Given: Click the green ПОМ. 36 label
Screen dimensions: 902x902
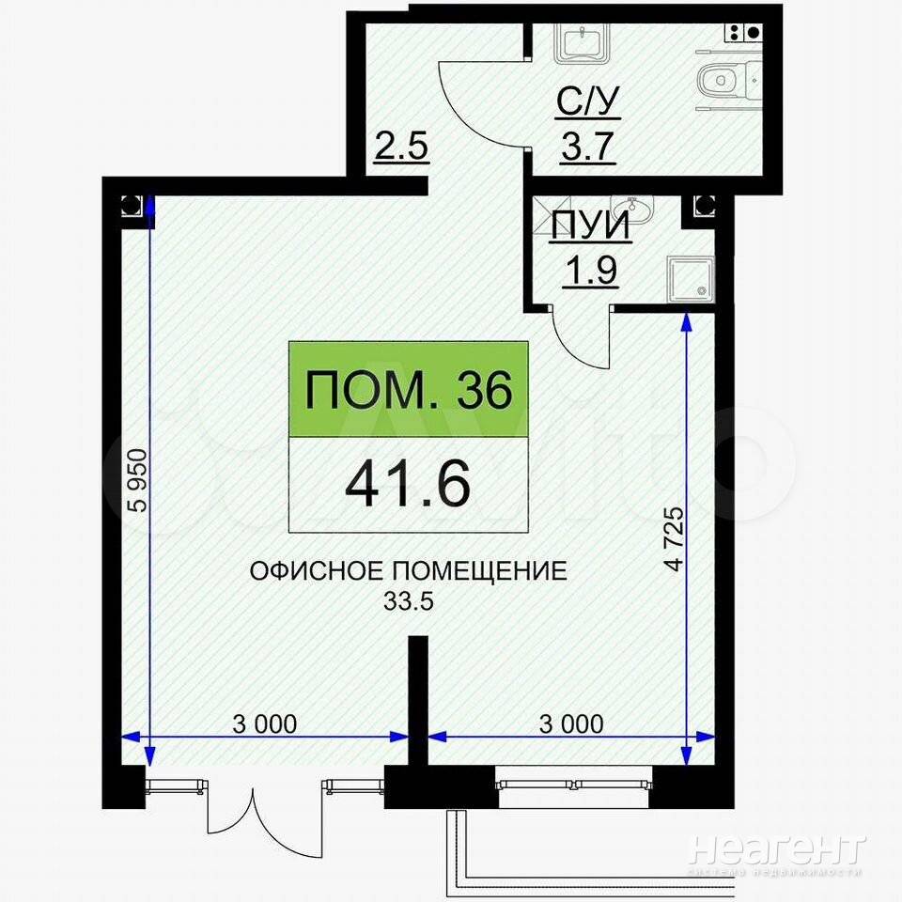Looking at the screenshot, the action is (409, 389).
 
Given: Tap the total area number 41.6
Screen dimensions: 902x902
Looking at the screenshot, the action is (408, 485).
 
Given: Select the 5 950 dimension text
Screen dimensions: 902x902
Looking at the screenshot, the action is (139, 480).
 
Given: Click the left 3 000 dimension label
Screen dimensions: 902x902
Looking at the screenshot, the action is (265, 723).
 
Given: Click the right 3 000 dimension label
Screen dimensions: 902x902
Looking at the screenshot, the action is (572, 723).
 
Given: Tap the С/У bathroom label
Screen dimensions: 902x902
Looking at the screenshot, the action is (588, 101).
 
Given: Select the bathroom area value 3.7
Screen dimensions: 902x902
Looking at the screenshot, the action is (588, 147).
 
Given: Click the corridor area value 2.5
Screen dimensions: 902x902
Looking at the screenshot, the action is (401, 146).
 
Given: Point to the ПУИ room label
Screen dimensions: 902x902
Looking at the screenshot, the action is (590, 226).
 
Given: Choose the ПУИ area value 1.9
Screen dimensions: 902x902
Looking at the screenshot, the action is (592, 271).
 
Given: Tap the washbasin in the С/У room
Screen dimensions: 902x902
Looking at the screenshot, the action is (583, 42).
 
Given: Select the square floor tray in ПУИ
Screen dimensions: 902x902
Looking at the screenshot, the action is (690, 279).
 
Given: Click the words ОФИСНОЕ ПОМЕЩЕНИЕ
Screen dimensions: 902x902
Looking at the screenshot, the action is (409, 571).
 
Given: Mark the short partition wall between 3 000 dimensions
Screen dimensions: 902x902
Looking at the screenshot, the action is (418, 701).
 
